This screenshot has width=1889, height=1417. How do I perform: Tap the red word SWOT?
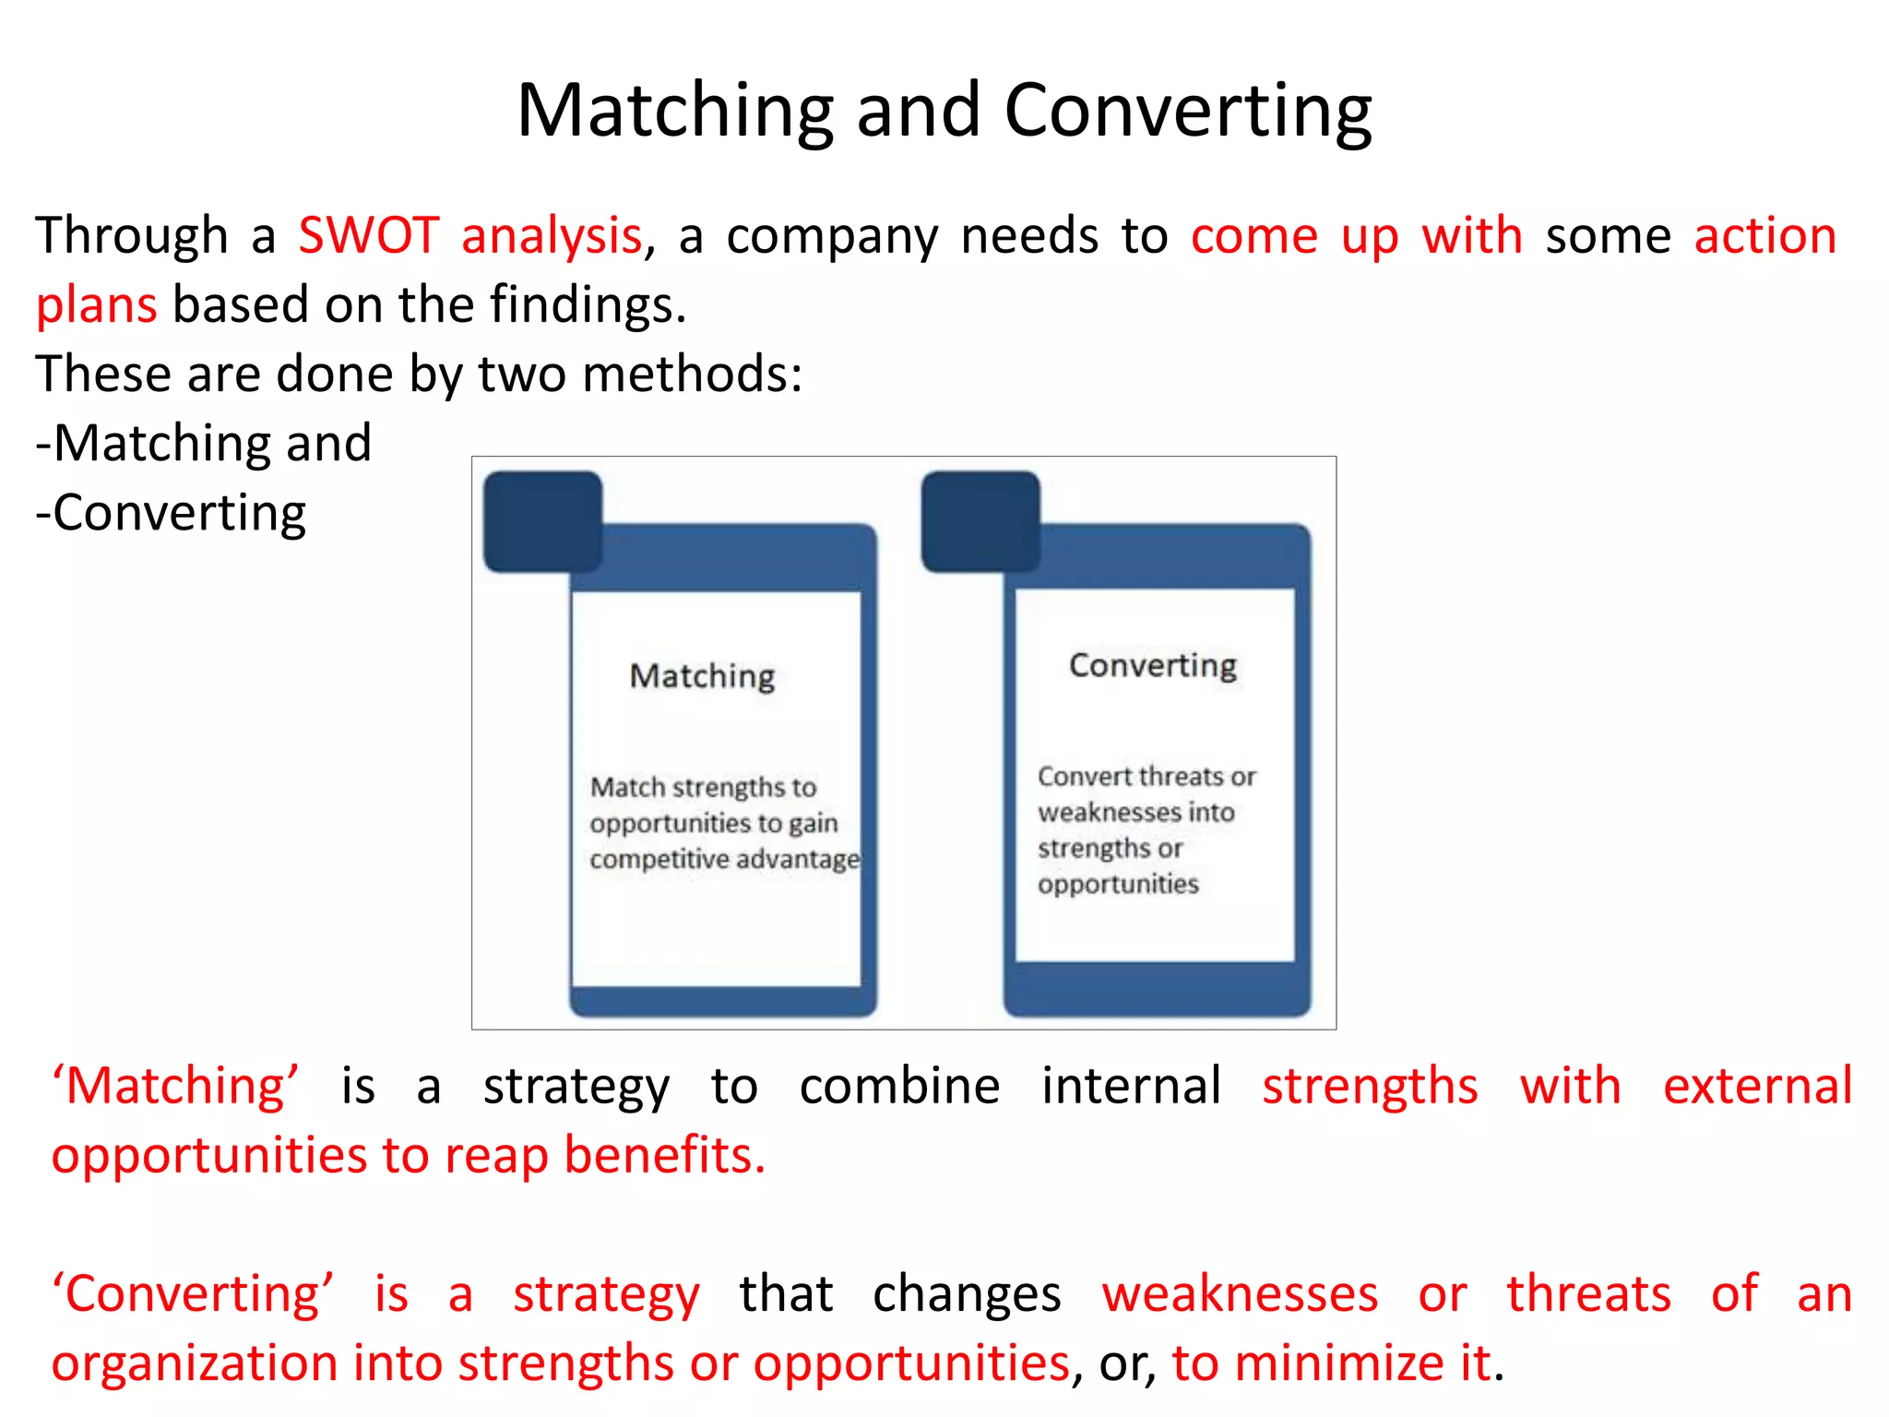click(368, 235)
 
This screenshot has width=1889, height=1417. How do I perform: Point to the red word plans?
click(96, 305)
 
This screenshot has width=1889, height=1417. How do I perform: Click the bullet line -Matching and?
click(203, 444)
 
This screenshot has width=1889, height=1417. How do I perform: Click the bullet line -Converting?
click(171, 513)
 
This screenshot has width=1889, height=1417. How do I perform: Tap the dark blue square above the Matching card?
click(542, 521)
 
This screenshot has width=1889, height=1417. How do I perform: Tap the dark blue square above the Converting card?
click(980, 521)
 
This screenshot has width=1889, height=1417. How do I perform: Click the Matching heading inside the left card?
click(702, 676)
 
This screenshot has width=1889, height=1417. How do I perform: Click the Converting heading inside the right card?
click(1152, 665)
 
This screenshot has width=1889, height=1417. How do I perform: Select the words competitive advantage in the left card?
click(724, 859)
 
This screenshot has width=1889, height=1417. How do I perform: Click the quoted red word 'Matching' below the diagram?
click(175, 1086)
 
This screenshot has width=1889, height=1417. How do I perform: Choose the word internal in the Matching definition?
click(1131, 1086)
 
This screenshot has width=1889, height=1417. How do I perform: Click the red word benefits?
click(663, 1155)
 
